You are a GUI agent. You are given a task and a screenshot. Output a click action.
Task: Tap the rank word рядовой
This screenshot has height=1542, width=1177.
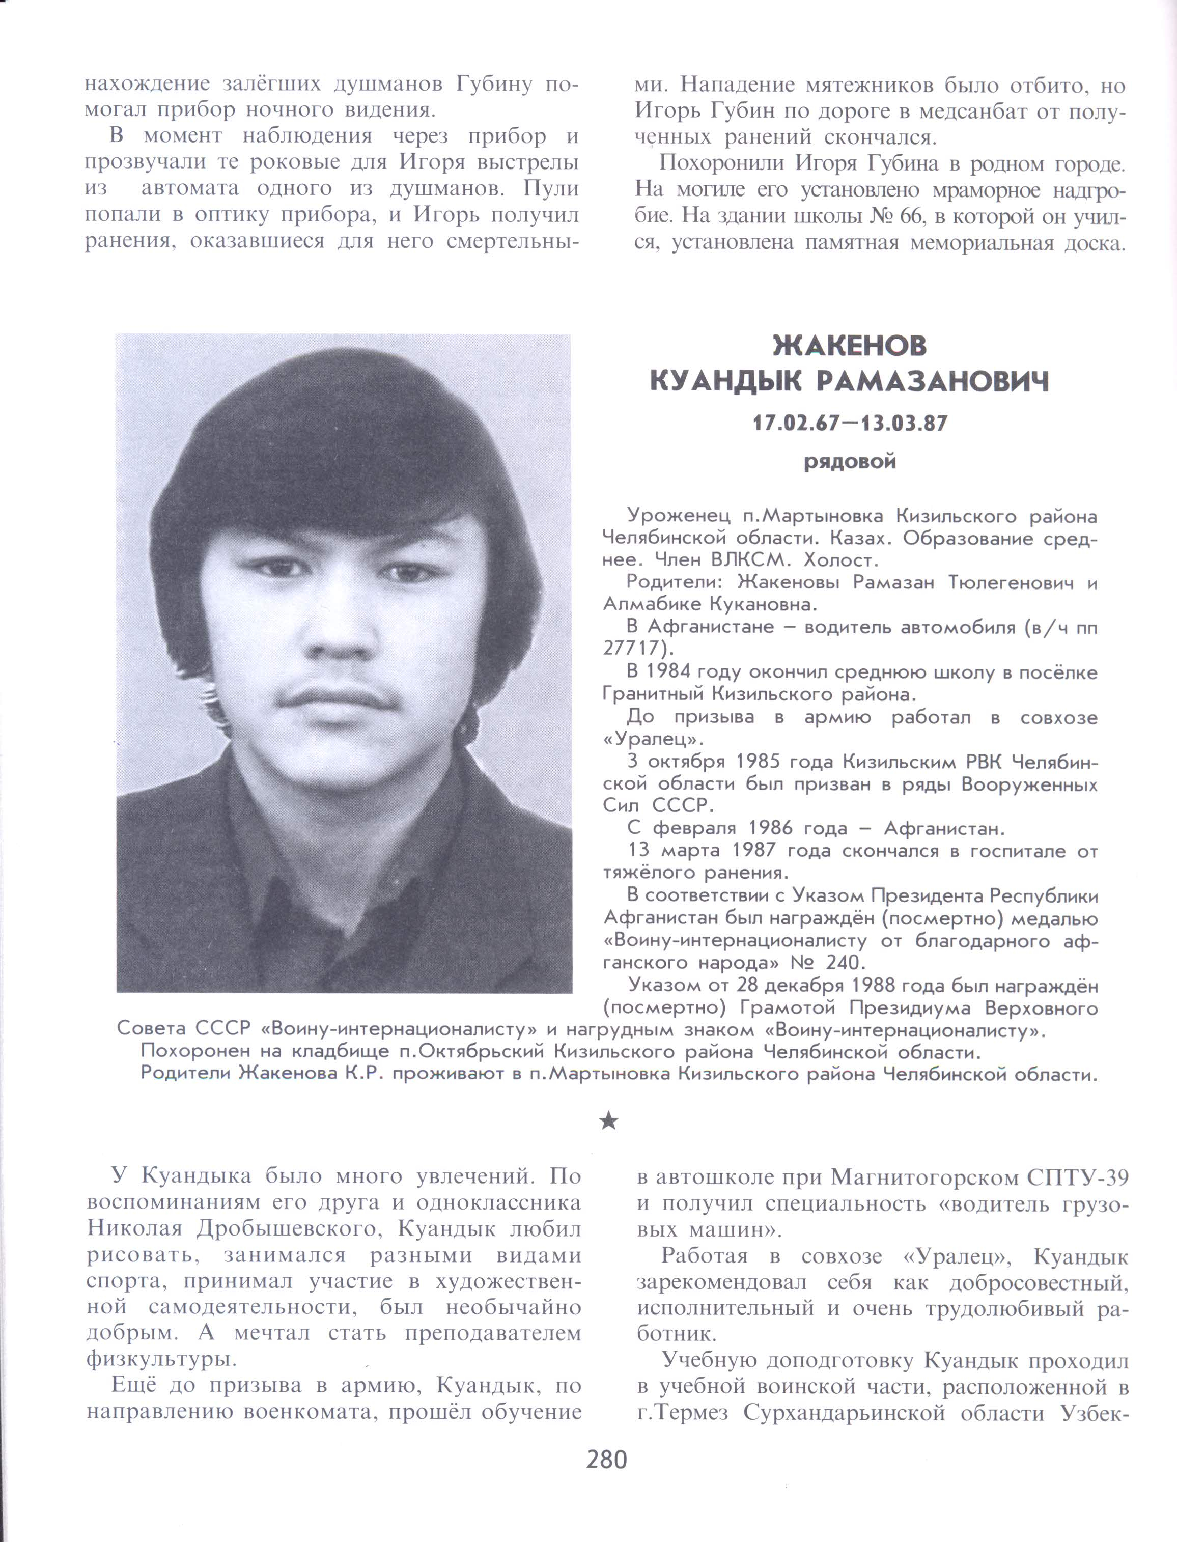(x=849, y=462)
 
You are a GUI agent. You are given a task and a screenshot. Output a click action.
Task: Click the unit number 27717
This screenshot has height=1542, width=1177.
(x=633, y=649)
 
